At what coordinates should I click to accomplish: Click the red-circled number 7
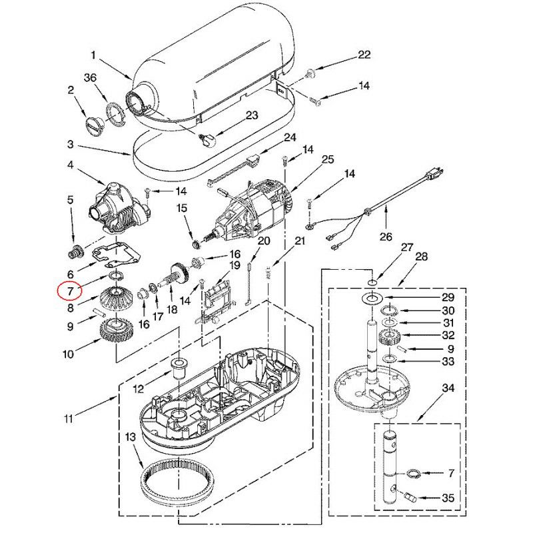click(68, 290)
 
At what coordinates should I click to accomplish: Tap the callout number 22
click(364, 55)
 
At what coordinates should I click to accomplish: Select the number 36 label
click(91, 78)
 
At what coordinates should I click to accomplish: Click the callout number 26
click(386, 236)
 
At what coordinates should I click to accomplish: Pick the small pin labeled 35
click(408, 496)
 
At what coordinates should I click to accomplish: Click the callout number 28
click(422, 257)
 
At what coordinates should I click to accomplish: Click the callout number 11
click(69, 419)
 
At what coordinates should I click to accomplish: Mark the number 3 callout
click(71, 145)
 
